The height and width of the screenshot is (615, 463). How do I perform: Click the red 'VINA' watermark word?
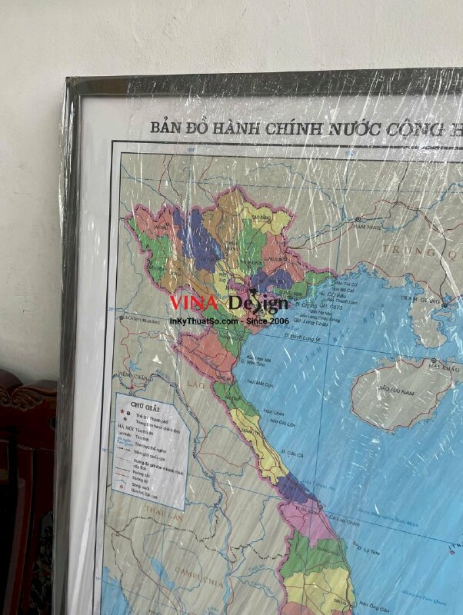coord(194,302)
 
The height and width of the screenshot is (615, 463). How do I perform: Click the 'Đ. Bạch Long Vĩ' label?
coord(305,335)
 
